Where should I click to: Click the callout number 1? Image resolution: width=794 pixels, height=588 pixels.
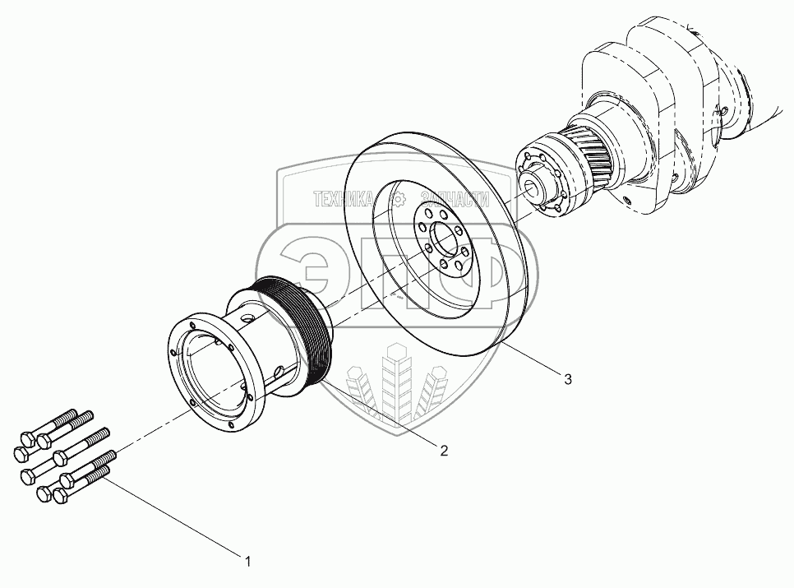click(247, 561)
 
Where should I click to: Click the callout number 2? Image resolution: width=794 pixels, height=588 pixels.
click(444, 451)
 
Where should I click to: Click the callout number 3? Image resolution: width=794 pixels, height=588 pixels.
click(568, 378)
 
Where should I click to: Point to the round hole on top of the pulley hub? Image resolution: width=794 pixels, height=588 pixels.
click(247, 320)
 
